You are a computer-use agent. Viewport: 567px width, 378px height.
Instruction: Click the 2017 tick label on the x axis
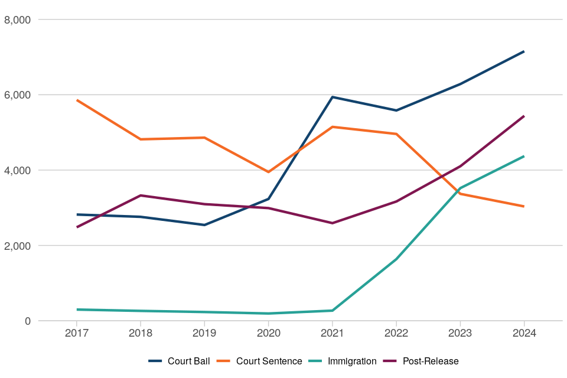[x=77, y=333]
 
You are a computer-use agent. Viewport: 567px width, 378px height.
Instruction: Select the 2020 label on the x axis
[x=268, y=333]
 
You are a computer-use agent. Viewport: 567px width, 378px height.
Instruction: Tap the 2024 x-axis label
[x=524, y=333]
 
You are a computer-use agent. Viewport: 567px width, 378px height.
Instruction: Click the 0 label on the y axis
[x=27, y=321]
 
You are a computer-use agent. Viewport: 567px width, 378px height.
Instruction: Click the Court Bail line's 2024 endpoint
[x=524, y=51]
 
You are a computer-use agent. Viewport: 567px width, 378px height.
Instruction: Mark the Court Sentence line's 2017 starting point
[x=77, y=100]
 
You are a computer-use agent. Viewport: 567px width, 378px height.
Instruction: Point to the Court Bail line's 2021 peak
[x=332, y=97]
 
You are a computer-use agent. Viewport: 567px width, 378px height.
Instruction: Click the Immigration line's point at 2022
[x=396, y=259]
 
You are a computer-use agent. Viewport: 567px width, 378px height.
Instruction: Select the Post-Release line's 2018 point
[x=141, y=195]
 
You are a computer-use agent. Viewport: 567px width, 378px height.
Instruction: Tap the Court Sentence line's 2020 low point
[x=268, y=172]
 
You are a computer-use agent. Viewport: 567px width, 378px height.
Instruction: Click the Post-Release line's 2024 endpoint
[x=524, y=116]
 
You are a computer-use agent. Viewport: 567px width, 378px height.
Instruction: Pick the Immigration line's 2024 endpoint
[x=524, y=157]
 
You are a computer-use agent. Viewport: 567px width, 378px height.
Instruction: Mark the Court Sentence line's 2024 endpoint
[x=524, y=206]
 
